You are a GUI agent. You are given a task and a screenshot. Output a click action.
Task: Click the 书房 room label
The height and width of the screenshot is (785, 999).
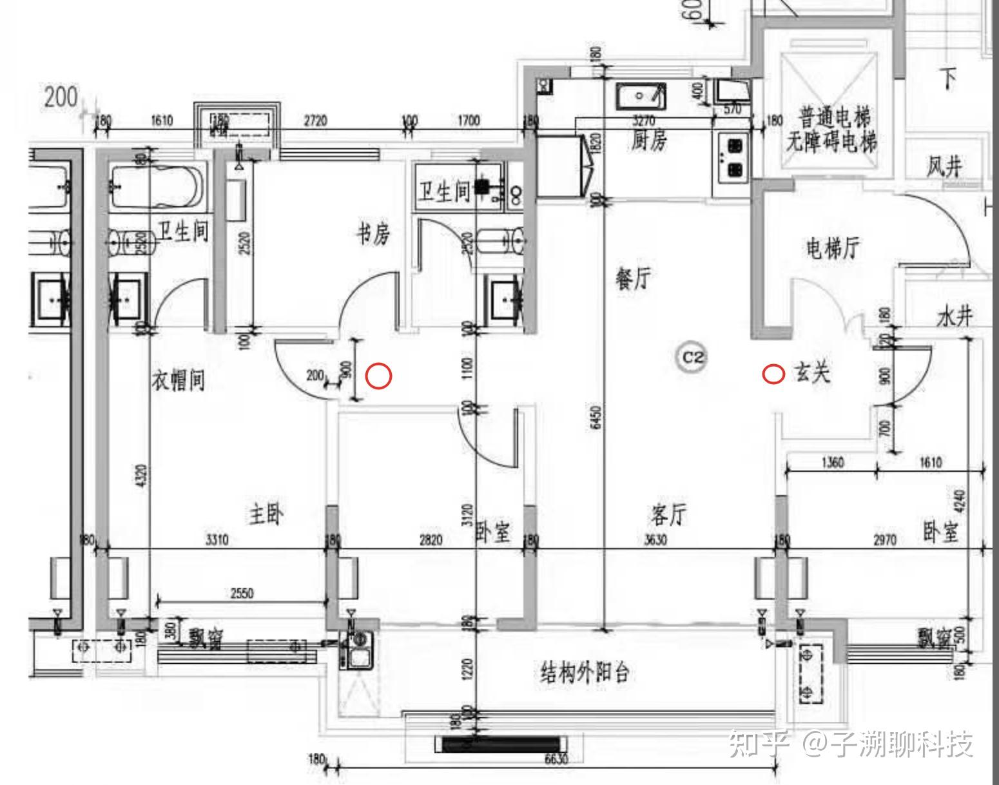coord(374,235)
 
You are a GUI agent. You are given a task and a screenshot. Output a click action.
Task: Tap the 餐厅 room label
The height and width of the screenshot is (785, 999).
coord(633,278)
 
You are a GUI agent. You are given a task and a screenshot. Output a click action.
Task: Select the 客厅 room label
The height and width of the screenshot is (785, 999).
coord(667,514)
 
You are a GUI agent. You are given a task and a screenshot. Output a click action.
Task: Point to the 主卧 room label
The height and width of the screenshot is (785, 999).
coord(266,514)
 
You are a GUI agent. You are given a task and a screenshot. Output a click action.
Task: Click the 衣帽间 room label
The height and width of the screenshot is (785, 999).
coord(179,380)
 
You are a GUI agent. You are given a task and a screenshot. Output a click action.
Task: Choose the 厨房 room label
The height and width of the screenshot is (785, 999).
coord(648,141)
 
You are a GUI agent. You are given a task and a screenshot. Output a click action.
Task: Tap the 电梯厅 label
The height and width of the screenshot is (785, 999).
coord(833,248)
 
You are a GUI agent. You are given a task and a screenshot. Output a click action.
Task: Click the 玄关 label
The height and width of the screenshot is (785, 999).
coord(812,373)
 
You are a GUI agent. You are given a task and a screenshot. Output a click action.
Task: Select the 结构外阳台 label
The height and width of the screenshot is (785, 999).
coord(585,673)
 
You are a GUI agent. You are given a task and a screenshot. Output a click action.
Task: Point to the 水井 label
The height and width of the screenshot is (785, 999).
coord(955,316)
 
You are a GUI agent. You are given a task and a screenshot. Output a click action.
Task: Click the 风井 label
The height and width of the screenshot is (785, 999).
coord(944,167)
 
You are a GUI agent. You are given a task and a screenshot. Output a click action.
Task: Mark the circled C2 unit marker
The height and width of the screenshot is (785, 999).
coord(692,357)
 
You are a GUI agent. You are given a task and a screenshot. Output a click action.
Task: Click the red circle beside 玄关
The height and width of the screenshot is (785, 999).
coord(773,374)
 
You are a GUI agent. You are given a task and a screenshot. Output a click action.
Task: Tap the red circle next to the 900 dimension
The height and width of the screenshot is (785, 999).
coord(378,376)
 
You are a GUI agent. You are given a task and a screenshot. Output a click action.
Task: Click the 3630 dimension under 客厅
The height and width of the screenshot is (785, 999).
coord(655,540)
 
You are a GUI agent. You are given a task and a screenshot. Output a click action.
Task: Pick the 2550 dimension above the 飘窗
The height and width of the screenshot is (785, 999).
coord(242,594)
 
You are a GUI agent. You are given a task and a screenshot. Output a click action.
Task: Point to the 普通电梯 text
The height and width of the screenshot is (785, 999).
coord(835,117)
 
